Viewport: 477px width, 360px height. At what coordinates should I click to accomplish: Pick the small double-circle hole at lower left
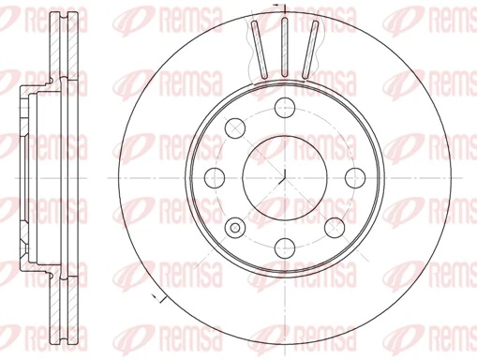click(x=234, y=226)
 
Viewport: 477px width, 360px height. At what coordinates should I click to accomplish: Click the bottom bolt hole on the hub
click(x=284, y=247)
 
